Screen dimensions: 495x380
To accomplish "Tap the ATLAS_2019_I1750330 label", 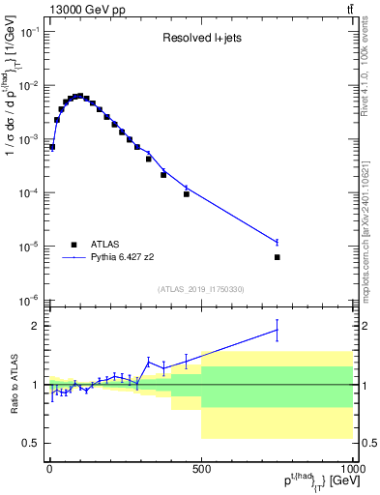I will (x=201, y=289).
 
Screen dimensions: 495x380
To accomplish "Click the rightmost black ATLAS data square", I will (x=277, y=257).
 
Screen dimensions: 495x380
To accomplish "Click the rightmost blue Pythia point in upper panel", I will (x=277, y=242).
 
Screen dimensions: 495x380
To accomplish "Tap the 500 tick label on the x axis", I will (x=200, y=467).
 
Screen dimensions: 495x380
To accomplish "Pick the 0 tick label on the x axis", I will (x=48, y=467).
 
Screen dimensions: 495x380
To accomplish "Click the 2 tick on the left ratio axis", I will (x=37, y=326).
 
